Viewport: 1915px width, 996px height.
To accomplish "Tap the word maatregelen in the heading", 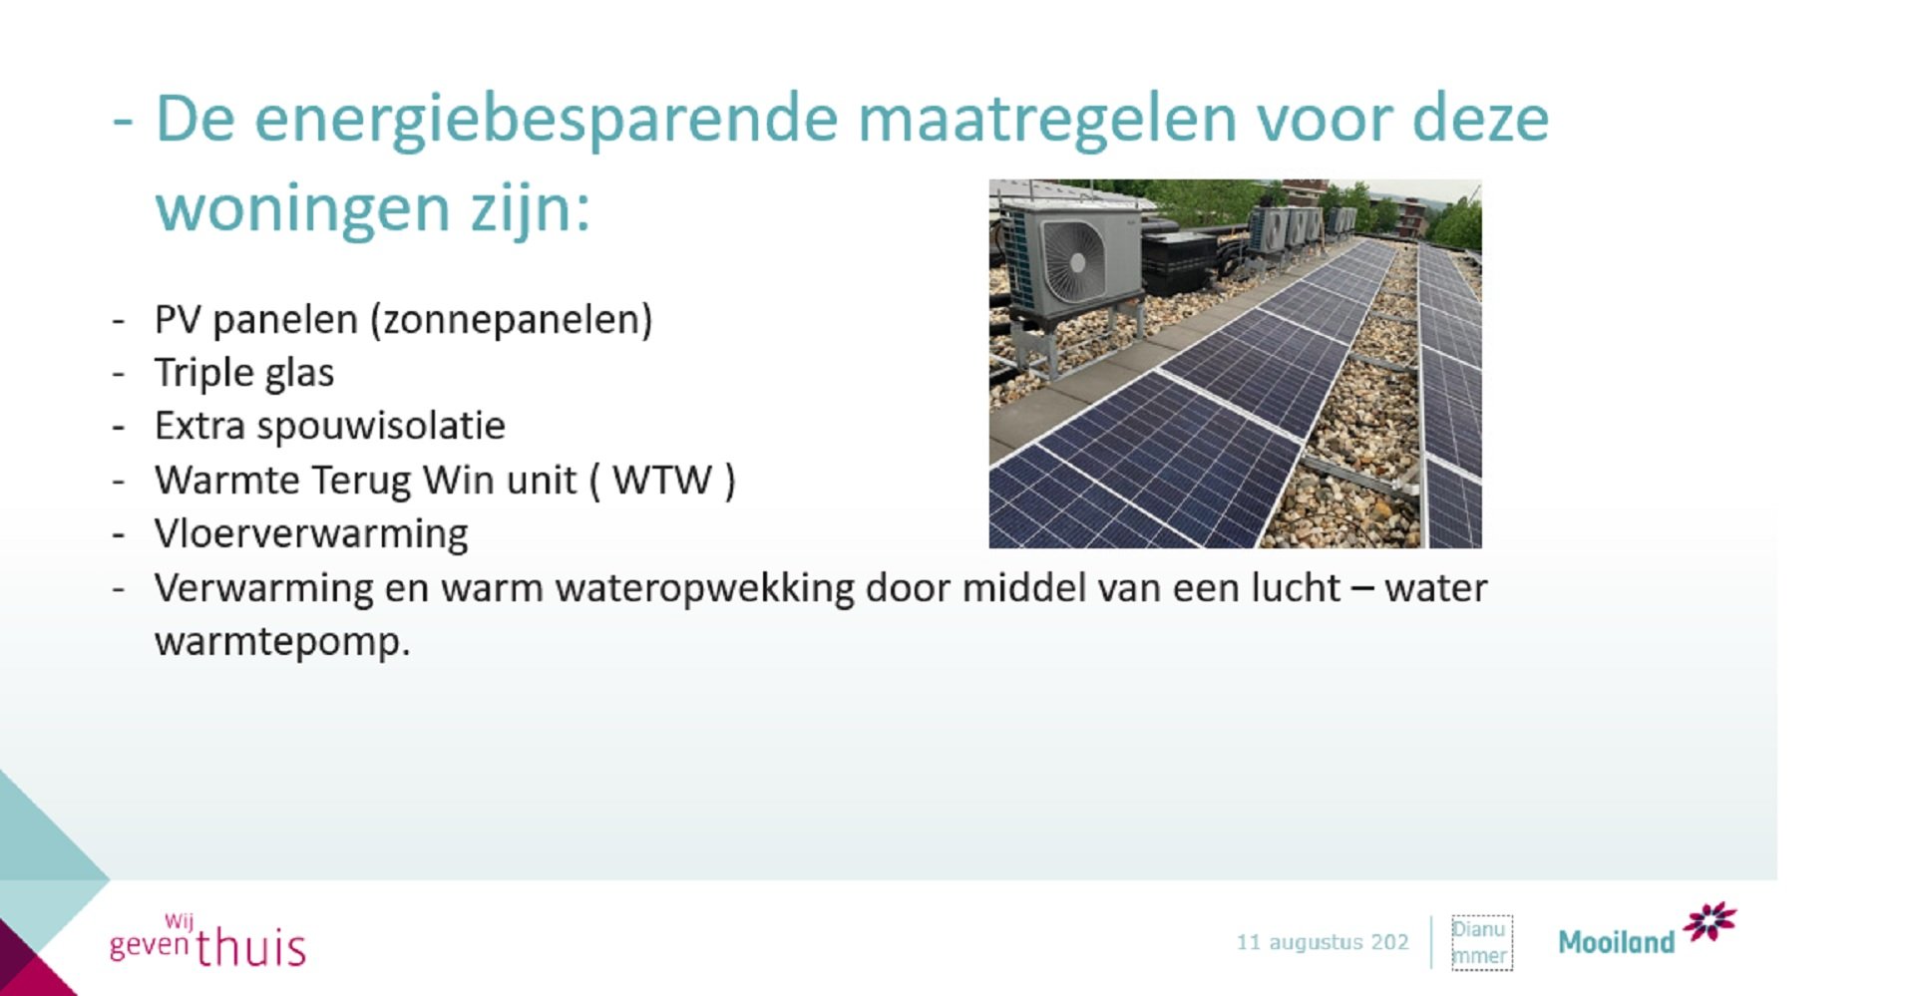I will coord(1045,120).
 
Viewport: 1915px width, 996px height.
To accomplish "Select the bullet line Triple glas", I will coord(243,374).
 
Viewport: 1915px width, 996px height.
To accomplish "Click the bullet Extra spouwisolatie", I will coord(329,427).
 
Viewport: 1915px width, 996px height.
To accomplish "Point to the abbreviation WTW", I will coord(661,481).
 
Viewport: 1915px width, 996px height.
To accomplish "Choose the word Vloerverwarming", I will coord(310,534).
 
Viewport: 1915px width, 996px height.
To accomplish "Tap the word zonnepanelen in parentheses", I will coord(512,320).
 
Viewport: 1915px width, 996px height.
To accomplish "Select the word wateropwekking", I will coord(704,588).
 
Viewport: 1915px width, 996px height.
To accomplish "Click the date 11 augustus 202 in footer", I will coord(1322,942).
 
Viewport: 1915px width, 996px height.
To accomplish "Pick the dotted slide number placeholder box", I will coord(1480,942).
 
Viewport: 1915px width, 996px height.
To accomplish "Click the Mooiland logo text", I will coord(1616,942).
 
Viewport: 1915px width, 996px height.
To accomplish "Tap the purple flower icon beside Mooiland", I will coord(1710,922).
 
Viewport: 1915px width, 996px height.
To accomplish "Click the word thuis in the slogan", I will coord(250,947).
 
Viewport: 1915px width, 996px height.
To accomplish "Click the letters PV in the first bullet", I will coord(177,320).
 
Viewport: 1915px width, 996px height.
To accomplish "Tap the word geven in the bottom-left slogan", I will coord(149,943).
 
